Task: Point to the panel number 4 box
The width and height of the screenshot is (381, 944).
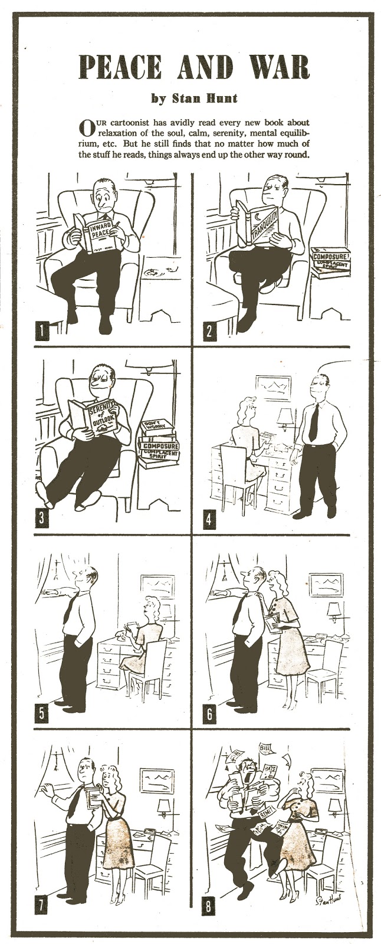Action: (x=209, y=520)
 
